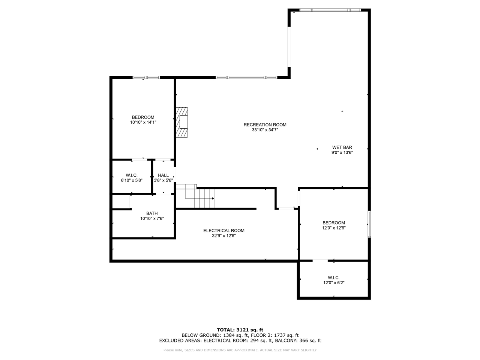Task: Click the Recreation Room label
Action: click(x=265, y=125)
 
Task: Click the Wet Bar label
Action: click(x=342, y=147)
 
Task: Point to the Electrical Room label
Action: click(x=223, y=231)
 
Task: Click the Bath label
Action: click(x=152, y=213)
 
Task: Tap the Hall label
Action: click(x=163, y=175)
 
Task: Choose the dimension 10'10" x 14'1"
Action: click(x=143, y=122)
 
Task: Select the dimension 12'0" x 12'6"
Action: click(x=333, y=228)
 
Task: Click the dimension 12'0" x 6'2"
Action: click(x=333, y=283)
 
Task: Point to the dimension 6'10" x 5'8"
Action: click(x=131, y=180)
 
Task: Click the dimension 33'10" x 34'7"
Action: click(x=265, y=130)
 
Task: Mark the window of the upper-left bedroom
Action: click(x=146, y=78)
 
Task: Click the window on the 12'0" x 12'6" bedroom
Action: click(x=369, y=224)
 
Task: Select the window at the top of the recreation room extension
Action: click(x=330, y=10)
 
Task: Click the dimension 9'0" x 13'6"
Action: click(x=342, y=153)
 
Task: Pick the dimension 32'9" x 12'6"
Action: click(x=223, y=236)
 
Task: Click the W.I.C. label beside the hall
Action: click(x=131, y=175)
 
